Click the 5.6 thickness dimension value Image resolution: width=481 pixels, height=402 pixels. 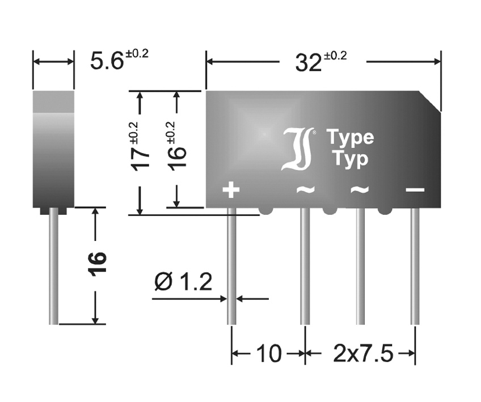119,60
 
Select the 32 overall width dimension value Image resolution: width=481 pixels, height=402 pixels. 321,61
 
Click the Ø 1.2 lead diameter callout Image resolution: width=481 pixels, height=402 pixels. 183,282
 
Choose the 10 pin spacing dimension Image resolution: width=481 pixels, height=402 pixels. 269,353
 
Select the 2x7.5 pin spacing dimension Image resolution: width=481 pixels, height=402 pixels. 363,353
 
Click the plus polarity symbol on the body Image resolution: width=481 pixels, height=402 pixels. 231,189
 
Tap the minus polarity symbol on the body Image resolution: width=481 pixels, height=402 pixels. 415,189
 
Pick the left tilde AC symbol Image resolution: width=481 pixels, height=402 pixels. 305,189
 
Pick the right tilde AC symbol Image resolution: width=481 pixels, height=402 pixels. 360,189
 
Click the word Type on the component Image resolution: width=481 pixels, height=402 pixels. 351,137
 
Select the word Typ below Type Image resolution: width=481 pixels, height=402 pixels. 351,159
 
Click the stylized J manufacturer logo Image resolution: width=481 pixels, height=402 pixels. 297,149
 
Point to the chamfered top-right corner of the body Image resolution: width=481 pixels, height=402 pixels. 430,101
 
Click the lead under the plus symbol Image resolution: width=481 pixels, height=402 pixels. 231,266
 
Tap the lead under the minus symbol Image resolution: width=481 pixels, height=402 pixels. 415,266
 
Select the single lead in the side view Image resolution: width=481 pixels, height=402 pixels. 53,266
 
